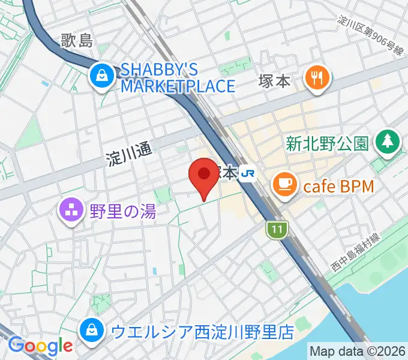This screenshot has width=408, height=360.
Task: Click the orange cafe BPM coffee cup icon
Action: (x=284, y=182)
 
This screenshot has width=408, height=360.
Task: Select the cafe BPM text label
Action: (x=338, y=186)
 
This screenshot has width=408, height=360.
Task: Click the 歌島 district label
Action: (x=77, y=41)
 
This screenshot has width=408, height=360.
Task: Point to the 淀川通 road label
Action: (x=128, y=158)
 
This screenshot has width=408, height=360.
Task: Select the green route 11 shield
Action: (x=275, y=229)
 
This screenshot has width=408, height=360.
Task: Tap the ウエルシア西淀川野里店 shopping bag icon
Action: (x=91, y=329)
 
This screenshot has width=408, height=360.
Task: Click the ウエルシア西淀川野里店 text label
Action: (x=202, y=331)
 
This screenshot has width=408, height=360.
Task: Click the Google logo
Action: (x=40, y=346)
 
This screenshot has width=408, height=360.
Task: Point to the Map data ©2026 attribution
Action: (x=358, y=350)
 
